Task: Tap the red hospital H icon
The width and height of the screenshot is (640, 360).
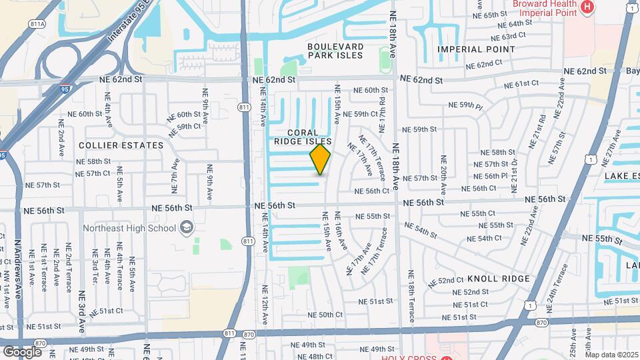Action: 587,7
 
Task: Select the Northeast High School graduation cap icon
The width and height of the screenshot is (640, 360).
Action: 187,228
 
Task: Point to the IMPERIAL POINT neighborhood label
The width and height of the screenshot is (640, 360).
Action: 476,49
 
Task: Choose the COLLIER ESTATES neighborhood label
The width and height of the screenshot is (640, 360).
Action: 121,145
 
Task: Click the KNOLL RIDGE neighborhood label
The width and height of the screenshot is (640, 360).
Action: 499,279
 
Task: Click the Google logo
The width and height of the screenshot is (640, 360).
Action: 21,351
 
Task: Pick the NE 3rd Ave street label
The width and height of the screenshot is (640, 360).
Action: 83,311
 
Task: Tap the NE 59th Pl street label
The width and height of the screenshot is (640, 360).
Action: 465,105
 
